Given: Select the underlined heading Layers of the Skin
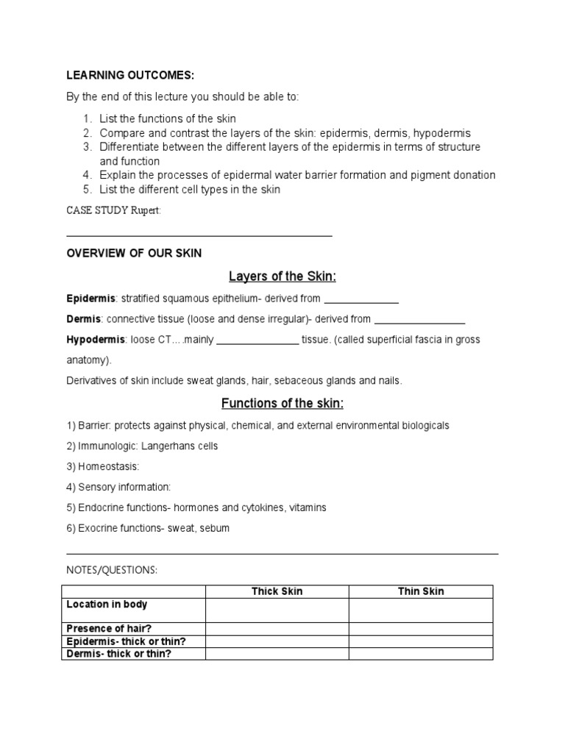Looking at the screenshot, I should [282, 276].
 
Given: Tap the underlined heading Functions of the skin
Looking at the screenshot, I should [282, 404].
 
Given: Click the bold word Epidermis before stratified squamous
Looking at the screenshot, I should [91, 299].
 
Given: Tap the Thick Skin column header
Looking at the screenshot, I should [277, 591].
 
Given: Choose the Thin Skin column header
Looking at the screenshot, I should [421, 591].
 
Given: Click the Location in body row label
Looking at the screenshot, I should [107, 604].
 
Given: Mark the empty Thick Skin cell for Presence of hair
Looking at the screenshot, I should [277, 629].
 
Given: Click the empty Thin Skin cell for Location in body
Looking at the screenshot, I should [421, 610].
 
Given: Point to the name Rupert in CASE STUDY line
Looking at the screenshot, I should [146, 210].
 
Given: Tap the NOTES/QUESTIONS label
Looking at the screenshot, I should [112, 570].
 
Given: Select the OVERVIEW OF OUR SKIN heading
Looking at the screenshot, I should [134, 253].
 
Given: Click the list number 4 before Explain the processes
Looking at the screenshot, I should [86, 175].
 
